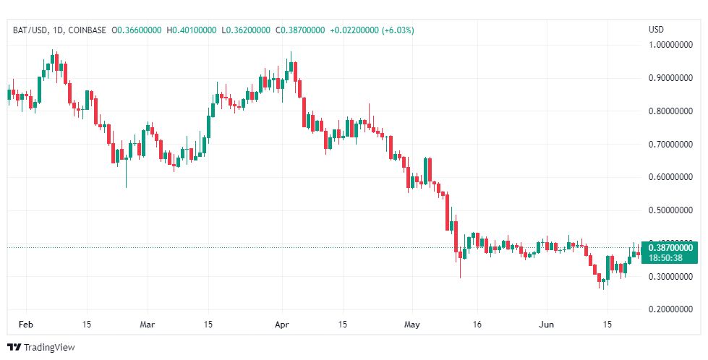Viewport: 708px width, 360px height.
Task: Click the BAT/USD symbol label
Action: pos(30,30)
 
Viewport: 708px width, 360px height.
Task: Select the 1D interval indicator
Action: pos(59,30)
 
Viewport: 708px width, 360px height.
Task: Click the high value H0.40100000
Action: pos(192,30)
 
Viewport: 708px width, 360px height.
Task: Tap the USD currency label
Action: pos(657,30)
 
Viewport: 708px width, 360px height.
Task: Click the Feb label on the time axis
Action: pos(25,325)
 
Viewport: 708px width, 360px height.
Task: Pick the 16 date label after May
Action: pos(477,325)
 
